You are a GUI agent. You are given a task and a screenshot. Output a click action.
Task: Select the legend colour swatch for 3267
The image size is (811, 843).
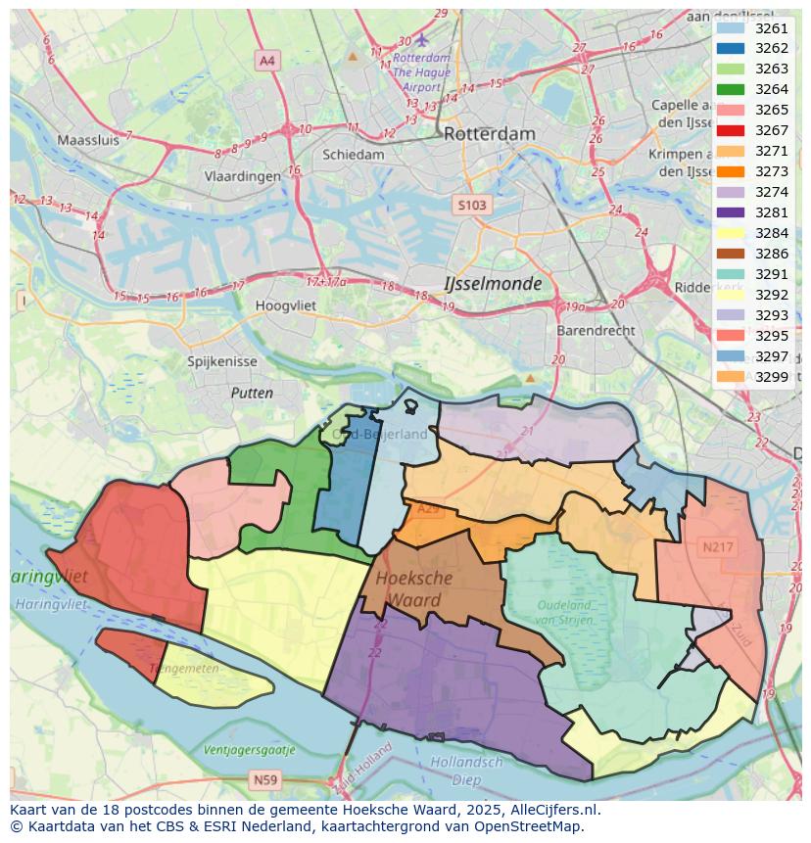731,130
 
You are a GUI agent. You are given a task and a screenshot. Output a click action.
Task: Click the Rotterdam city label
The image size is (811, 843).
489,134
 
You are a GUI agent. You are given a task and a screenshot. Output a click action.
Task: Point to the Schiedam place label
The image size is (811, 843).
354,155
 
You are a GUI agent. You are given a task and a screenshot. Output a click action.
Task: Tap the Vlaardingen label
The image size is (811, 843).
242,177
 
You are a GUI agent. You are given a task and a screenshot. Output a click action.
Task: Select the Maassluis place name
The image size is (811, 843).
87,140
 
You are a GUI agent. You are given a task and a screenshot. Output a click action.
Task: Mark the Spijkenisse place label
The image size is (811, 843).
222,361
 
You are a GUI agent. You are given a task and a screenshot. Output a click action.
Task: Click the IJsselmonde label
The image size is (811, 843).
493,283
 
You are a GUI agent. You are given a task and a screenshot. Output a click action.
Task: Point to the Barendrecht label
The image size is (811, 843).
596,331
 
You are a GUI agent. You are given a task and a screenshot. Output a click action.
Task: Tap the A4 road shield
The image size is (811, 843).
266,61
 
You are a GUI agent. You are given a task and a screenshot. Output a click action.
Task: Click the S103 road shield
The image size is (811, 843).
470,205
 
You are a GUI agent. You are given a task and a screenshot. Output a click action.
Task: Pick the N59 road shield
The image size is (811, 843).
262,779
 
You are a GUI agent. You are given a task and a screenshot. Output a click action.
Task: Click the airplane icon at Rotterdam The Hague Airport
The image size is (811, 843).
422,40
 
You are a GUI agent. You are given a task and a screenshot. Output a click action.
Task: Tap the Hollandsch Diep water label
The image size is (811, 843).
466,771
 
